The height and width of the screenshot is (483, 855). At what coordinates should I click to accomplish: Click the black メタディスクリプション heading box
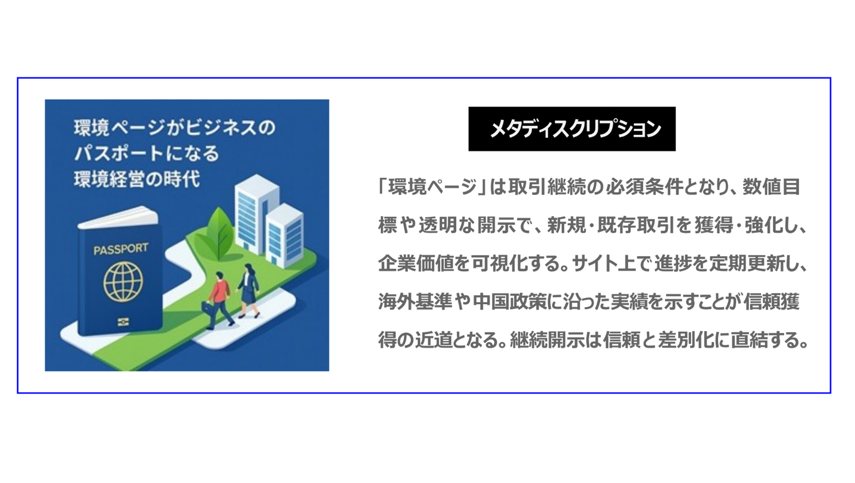[x=571, y=128]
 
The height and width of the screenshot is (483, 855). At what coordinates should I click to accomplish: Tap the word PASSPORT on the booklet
[x=120, y=248]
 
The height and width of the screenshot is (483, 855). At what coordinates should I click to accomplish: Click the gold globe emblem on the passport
[x=122, y=282]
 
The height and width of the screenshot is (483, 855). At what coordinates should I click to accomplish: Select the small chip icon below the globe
[x=123, y=322]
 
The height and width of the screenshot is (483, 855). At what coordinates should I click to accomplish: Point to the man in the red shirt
[x=218, y=298]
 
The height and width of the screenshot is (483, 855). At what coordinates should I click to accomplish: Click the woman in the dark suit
[x=248, y=290]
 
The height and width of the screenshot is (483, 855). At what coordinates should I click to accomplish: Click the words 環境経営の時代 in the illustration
[x=136, y=179]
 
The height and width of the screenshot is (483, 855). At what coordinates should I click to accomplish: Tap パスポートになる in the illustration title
[x=146, y=153]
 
